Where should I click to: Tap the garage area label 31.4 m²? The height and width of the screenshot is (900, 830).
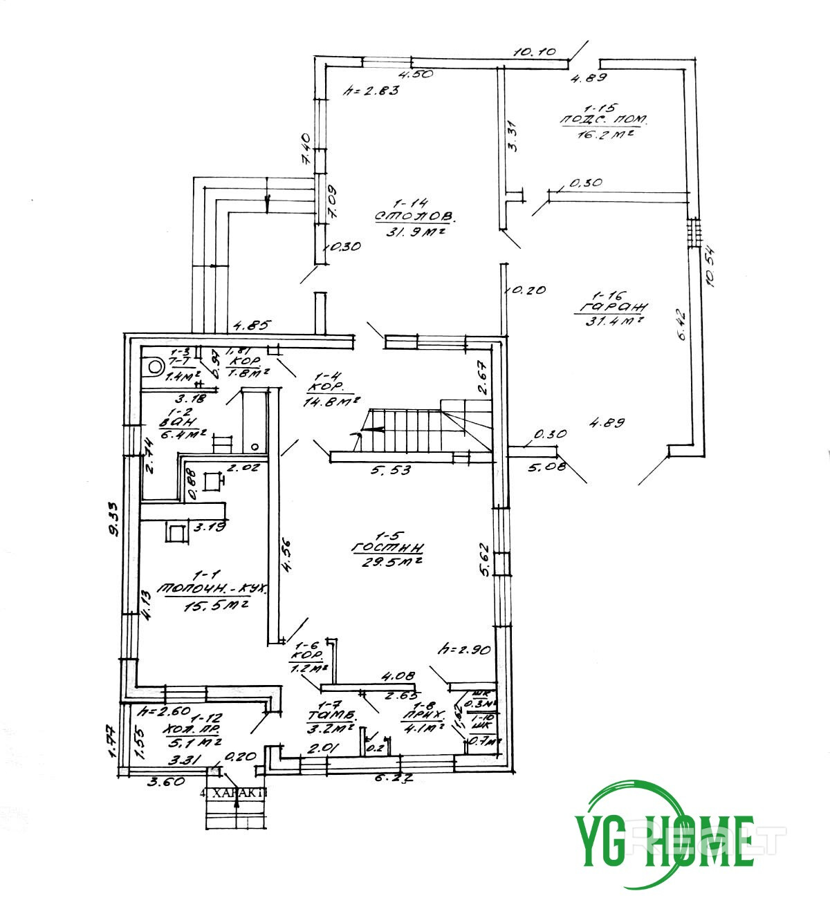point(611,320)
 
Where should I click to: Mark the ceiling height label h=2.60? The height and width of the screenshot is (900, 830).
point(164,711)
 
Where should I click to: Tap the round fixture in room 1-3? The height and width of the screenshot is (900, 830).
point(154,365)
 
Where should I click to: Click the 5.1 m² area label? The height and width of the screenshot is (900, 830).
point(194,742)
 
